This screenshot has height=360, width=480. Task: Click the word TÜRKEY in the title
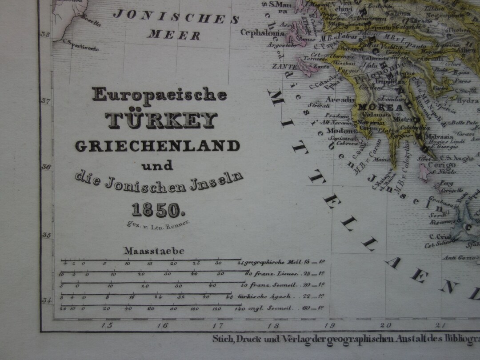point(160,120)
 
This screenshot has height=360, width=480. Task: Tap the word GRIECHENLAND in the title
point(157,145)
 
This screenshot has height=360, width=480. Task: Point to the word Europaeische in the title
point(160,94)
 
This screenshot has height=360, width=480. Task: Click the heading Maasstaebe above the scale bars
point(154,251)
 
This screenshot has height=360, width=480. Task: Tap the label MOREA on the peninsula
point(374,108)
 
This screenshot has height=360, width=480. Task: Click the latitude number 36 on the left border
point(45,167)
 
